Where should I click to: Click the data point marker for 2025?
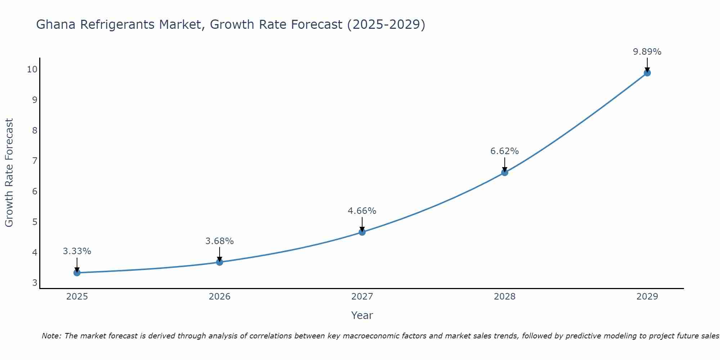[77, 273]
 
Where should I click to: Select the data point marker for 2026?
[220, 262]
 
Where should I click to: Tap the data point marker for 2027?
[362, 232]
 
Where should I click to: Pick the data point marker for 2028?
[505, 172]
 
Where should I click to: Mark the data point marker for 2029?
[647, 73]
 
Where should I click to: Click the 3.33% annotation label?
[77, 251]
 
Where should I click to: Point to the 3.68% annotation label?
[220, 241]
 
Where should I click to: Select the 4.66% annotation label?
[362, 211]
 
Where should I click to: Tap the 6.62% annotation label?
[505, 151]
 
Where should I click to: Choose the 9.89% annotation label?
[647, 52]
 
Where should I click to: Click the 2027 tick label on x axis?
[362, 297]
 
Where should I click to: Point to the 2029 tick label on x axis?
[647, 297]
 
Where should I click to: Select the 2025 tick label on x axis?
[77, 297]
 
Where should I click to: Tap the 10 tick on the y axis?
[32, 69]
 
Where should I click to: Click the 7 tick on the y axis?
[35, 161]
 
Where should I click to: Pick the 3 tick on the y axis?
[35, 283]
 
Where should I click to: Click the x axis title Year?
[362, 315]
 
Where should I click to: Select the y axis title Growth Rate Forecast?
[9, 173]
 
